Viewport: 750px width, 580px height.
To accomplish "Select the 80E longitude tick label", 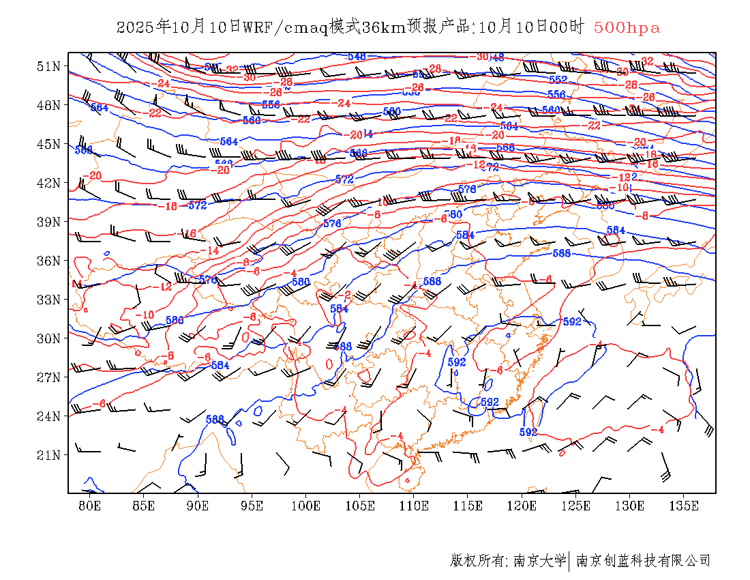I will pos(90,506).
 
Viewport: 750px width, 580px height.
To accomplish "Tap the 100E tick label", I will pos(306,506).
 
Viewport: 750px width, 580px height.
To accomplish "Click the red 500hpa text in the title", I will pos(627,27).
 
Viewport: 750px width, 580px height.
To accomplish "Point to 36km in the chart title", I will pos(382,27).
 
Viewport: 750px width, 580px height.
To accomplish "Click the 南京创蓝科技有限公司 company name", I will pos(643,561).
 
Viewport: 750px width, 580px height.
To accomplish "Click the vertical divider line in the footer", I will pos(569,561).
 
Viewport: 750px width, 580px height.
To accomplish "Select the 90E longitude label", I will pos(198,506).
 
